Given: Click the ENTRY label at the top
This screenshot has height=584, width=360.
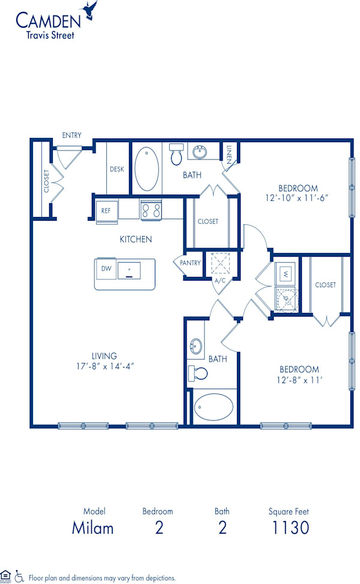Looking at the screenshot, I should [x=71, y=136].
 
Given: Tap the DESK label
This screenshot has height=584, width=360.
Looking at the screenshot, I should [x=116, y=169].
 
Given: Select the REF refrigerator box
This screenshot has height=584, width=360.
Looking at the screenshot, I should [x=106, y=211].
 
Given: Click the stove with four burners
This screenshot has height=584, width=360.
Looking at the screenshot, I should [x=151, y=210].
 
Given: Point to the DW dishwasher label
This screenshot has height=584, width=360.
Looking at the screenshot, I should [x=106, y=268].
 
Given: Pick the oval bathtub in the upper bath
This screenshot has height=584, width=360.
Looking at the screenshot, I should [x=146, y=168].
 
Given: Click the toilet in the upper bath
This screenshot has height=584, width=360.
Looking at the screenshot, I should [x=176, y=153].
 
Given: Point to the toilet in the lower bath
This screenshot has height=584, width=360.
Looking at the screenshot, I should [x=197, y=373].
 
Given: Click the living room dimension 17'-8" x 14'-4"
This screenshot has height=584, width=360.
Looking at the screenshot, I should [x=105, y=366].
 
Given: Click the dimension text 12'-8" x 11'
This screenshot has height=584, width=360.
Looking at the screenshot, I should [x=298, y=379].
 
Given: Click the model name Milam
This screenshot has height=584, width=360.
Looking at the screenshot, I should [x=93, y=528].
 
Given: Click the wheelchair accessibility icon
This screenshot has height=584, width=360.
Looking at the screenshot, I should [x=19, y=576].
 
